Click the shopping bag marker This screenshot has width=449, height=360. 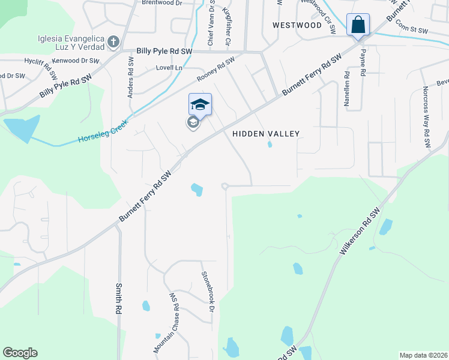pos(358,25)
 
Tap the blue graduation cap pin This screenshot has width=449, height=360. pos(200,104)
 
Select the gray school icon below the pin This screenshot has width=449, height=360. pos(193,124)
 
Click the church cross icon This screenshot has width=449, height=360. pos(113,43)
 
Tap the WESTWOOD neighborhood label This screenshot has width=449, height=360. pos(297,25)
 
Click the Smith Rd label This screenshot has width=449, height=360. pos(119,299)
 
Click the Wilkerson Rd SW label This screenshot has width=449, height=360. pos(360,232)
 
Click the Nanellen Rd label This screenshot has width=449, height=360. pos(347,89)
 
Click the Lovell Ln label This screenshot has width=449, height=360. pos(169,68)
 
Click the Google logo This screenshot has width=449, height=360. pos(20,353)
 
